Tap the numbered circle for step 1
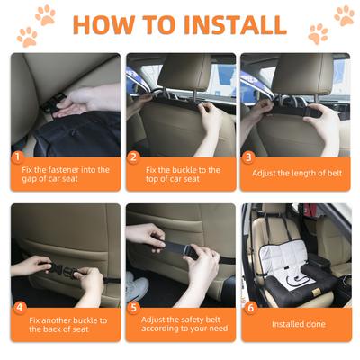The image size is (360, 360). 17,157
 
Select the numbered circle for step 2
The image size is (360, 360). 133,157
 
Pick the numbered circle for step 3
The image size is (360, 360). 248,157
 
